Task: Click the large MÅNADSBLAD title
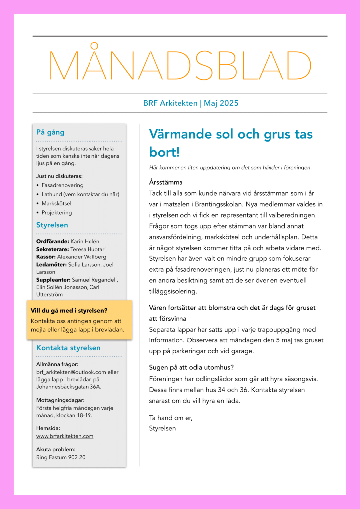(x=180, y=65)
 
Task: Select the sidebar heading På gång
(x=50, y=132)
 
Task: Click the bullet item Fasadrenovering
(x=62, y=185)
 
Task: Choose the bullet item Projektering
(x=57, y=212)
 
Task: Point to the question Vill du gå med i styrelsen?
(x=69, y=310)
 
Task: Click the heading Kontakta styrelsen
(x=69, y=348)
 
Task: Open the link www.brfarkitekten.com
(x=65, y=436)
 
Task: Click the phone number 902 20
(x=76, y=457)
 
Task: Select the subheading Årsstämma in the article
(x=166, y=182)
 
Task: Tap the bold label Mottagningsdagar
(x=60, y=400)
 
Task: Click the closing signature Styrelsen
(x=162, y=427)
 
